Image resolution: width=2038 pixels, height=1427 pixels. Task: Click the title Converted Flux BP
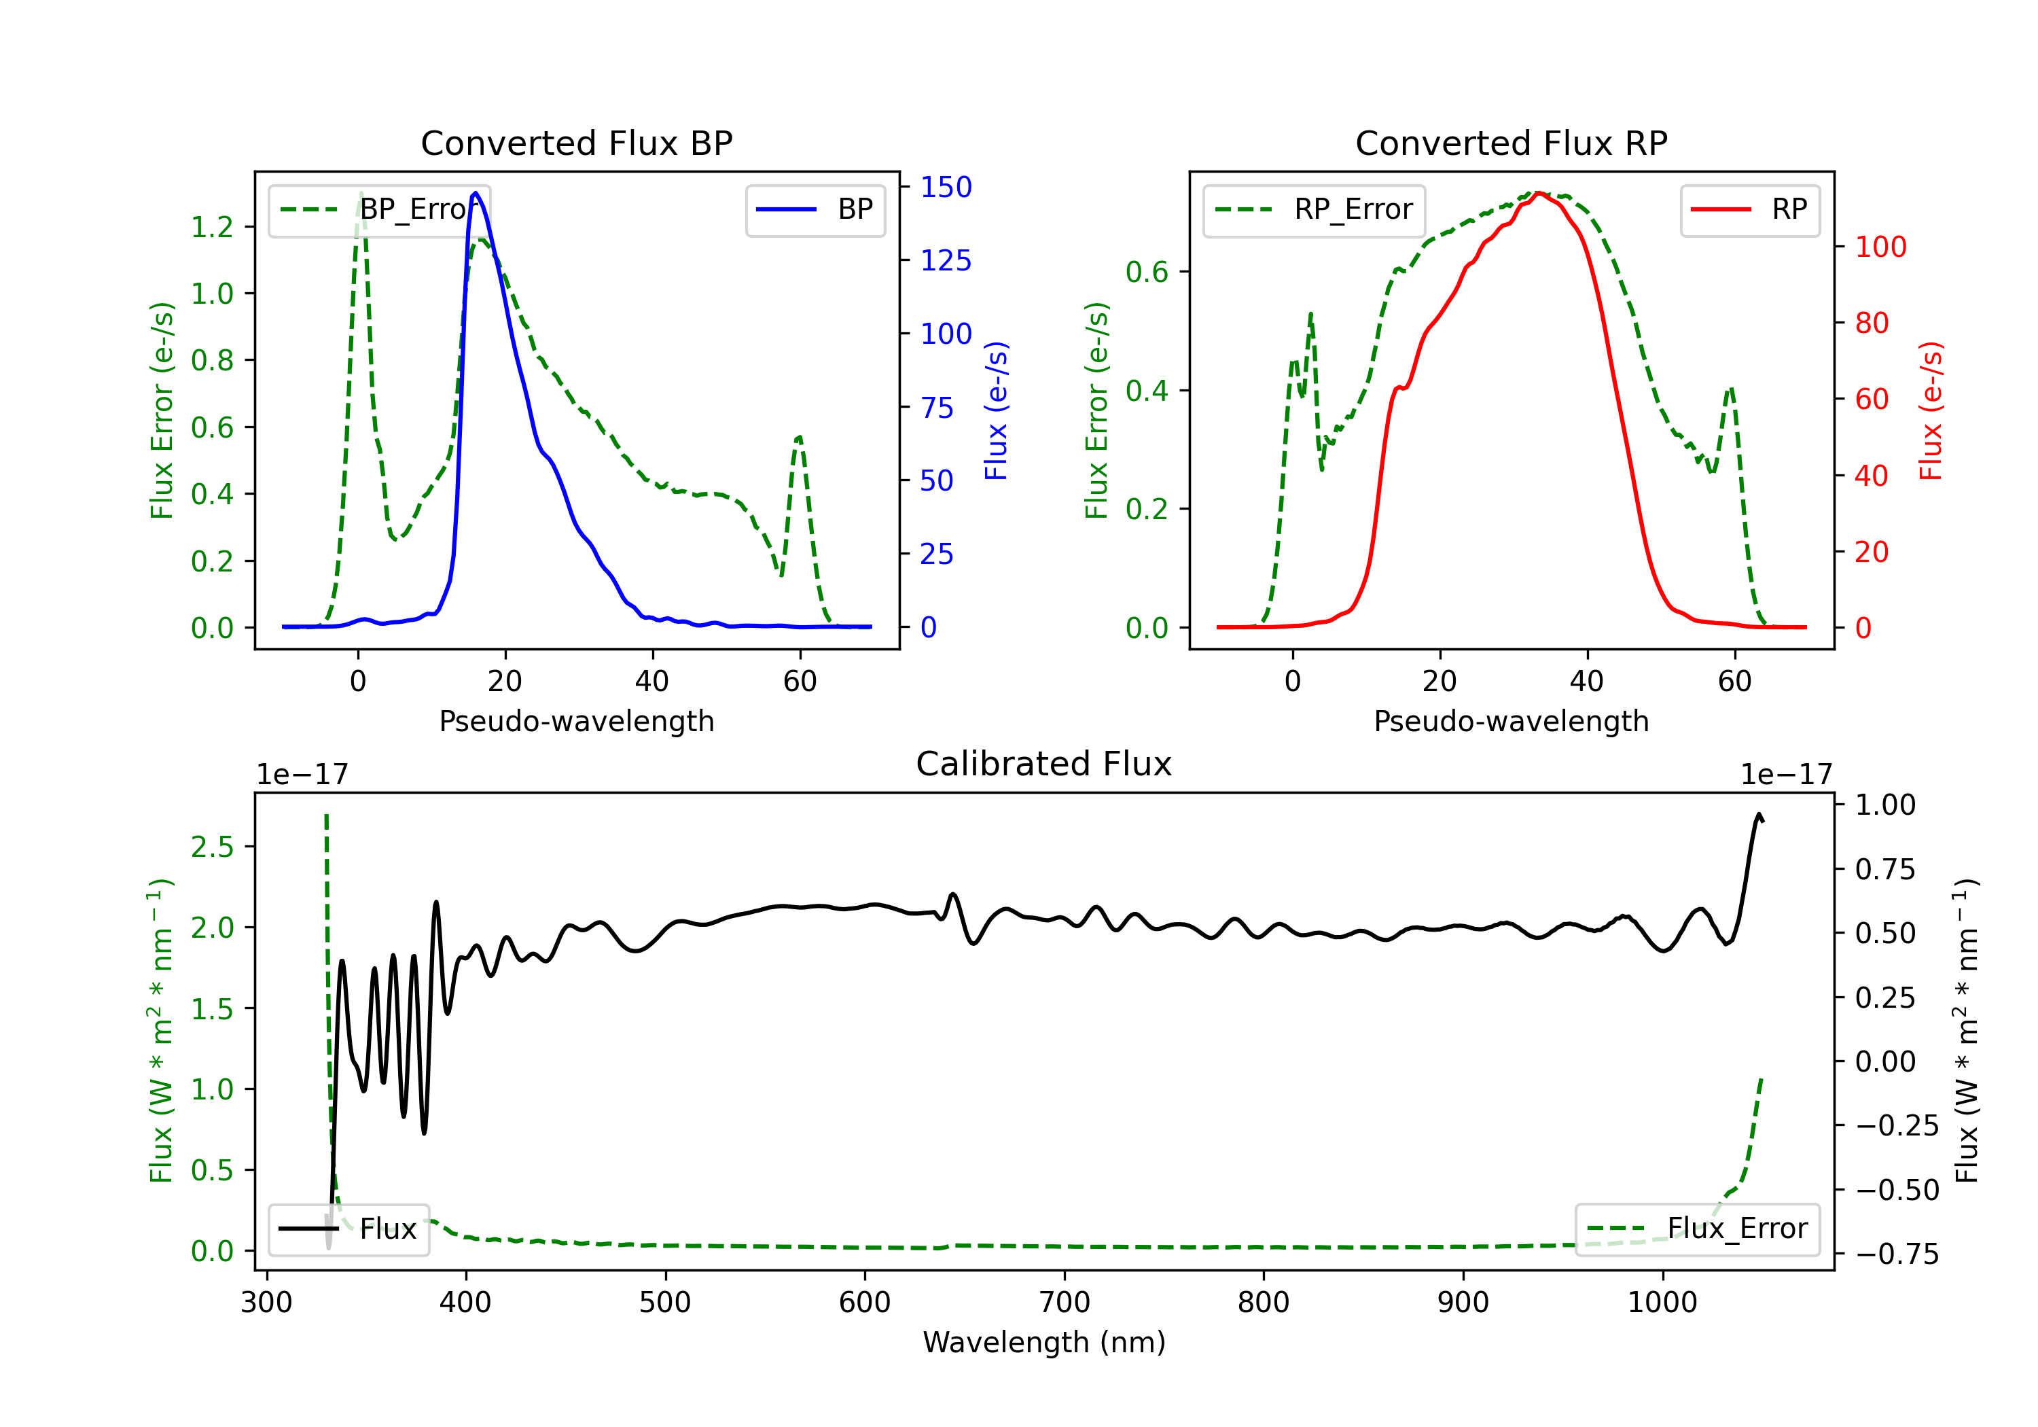577,143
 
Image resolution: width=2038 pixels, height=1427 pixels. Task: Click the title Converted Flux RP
1512,143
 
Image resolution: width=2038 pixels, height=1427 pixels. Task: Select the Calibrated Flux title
1044,764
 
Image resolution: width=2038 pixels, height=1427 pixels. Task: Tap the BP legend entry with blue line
815,209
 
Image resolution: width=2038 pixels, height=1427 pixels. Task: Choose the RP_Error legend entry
1314,209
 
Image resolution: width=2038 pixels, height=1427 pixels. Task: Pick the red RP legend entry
1749,209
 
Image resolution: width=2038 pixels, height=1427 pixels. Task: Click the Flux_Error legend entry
1697,1229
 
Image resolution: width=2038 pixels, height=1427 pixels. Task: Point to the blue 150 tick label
946,188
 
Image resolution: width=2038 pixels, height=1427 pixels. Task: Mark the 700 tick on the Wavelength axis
1065,1303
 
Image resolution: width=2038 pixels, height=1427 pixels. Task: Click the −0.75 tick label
1897,1254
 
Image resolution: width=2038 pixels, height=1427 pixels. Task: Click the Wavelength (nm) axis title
1044,1343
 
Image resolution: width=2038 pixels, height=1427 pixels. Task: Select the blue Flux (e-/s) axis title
996,410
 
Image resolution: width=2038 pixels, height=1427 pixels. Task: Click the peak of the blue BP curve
476,193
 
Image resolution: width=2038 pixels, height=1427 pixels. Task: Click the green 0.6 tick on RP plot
1147,272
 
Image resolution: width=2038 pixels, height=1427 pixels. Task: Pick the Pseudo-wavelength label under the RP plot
1512,721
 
